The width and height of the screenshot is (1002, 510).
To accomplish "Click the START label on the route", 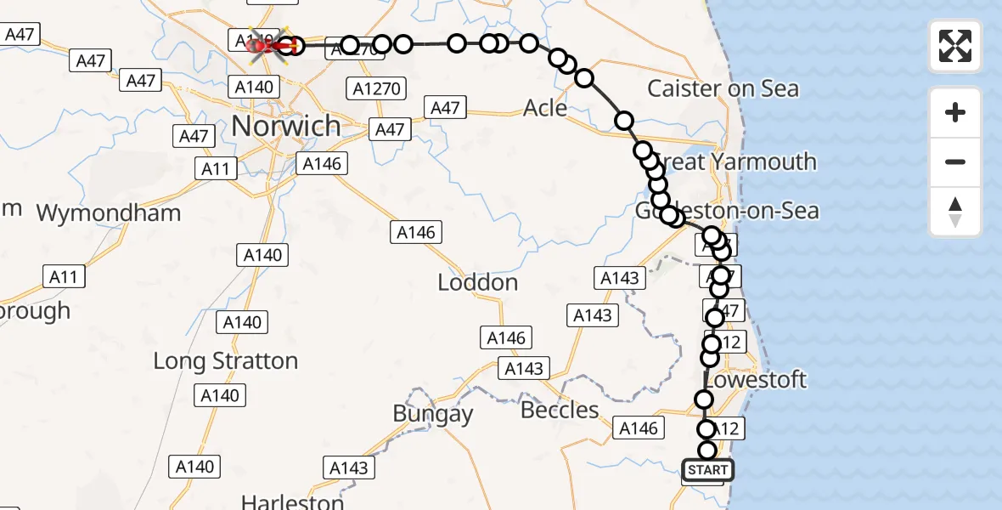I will (707, 470).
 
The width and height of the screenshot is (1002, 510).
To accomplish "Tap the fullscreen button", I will (955, 45).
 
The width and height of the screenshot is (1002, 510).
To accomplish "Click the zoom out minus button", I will (955, 161).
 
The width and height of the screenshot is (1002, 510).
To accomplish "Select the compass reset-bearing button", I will (955, 212).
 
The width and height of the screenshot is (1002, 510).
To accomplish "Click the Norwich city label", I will (285, 126).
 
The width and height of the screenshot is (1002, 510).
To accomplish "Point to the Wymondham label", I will (109, 212).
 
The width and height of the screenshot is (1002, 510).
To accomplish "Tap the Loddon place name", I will (477, 282).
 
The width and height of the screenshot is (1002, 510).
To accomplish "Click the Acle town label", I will (545, 108).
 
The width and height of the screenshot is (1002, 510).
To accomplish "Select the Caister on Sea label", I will (723, 88).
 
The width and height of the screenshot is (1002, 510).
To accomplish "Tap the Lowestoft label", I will (755, 379).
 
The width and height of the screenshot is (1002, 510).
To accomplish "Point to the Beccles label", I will (560, 411).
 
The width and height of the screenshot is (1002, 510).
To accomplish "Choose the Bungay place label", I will (432, 414).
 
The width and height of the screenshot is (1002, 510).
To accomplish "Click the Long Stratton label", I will (225, 360).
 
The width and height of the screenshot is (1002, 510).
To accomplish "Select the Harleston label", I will (292, 501).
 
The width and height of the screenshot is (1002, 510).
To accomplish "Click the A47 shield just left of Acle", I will (445, 108).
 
